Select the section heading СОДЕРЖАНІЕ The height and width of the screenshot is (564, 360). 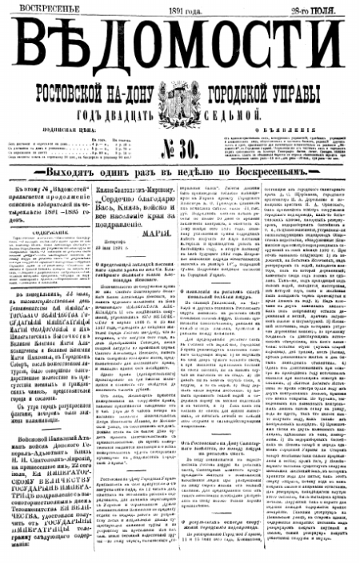[x=54, y=232]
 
